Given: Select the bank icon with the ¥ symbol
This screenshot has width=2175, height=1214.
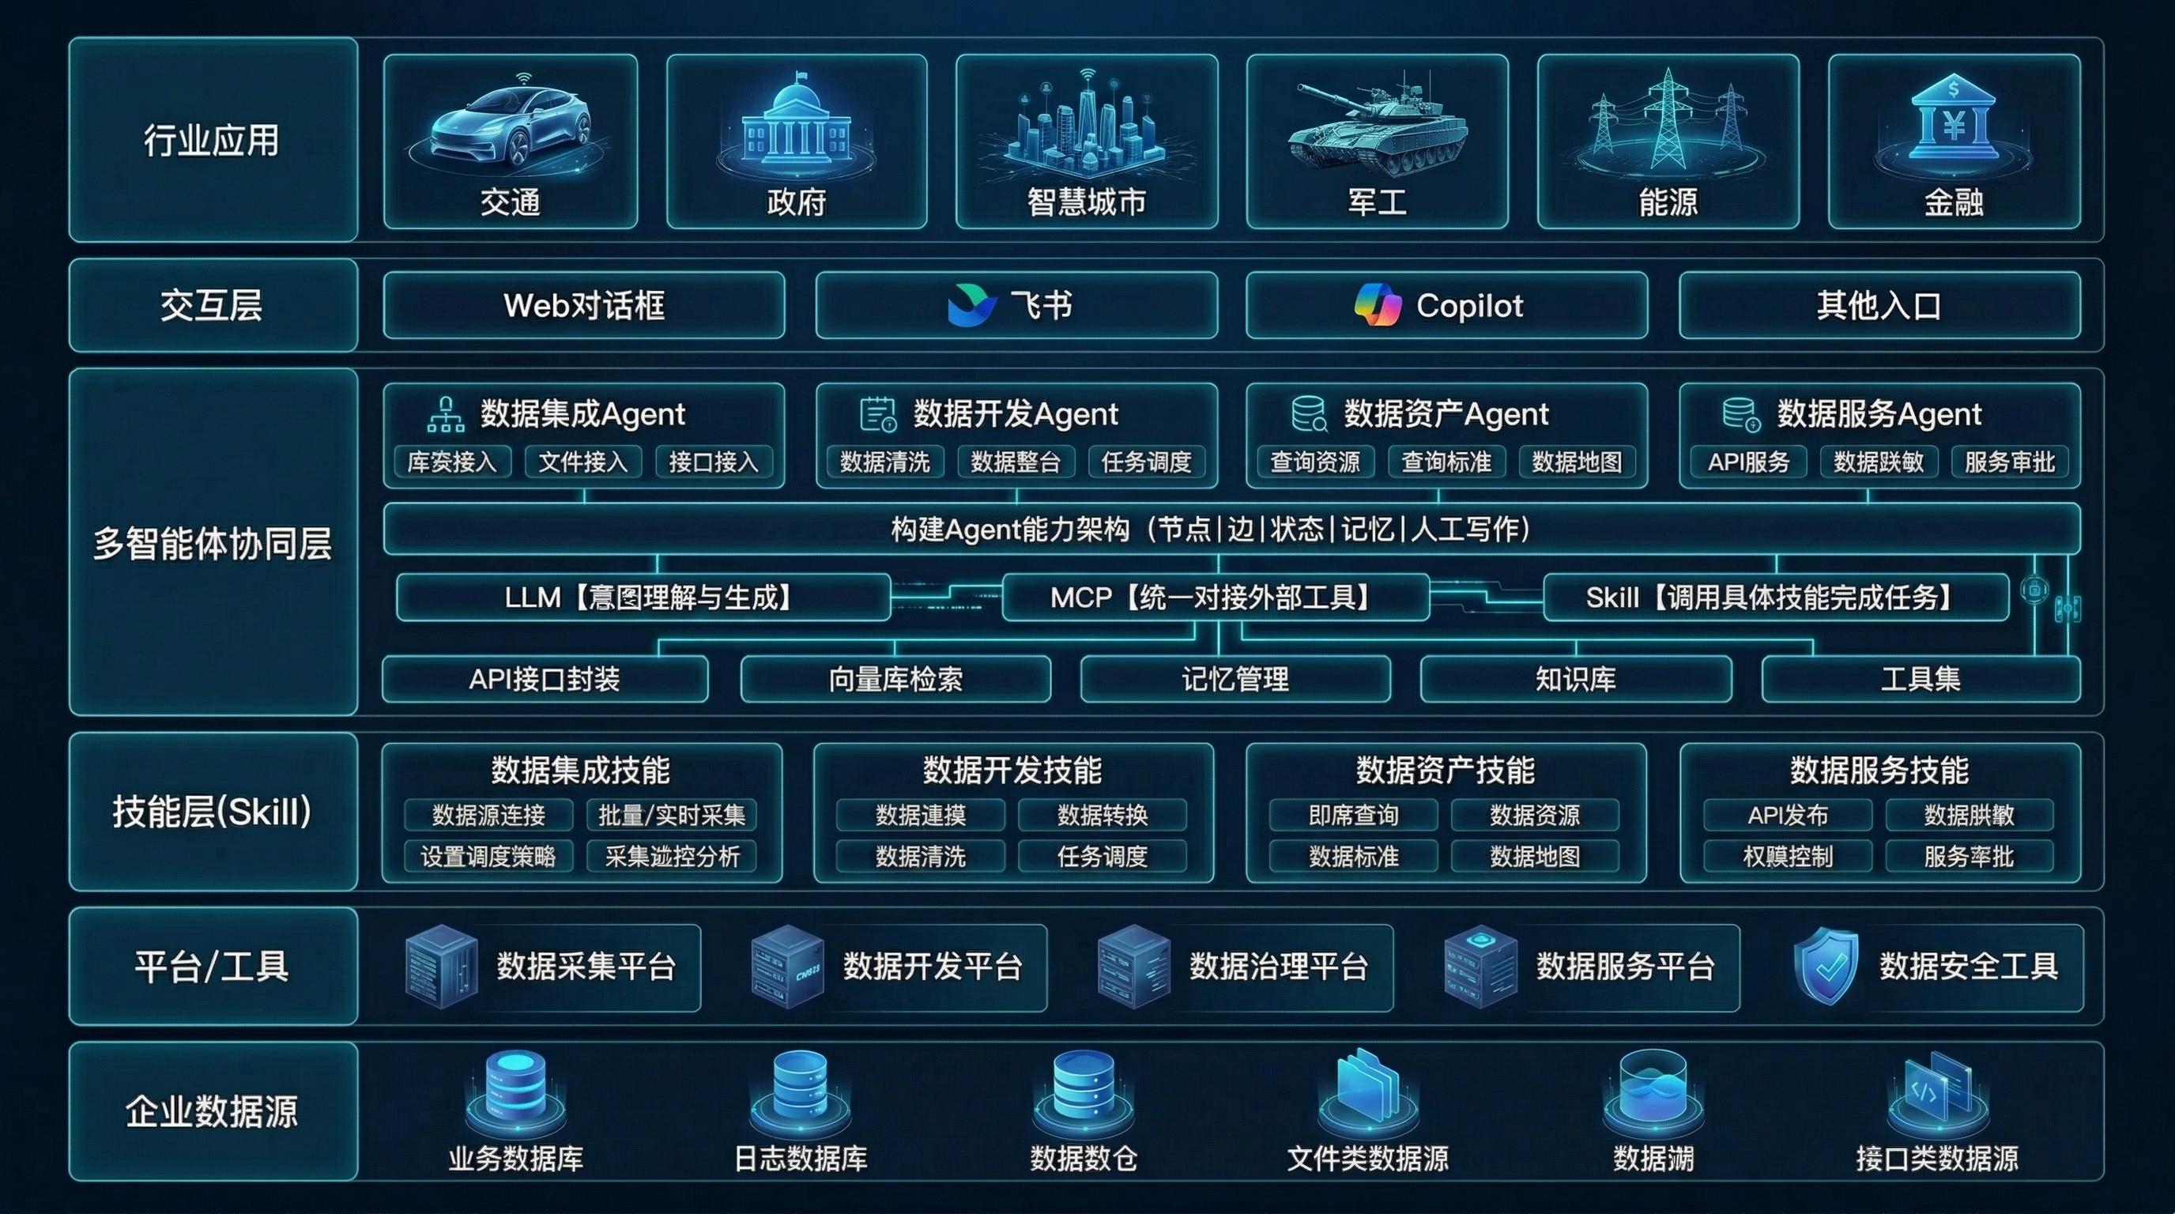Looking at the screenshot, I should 1954,123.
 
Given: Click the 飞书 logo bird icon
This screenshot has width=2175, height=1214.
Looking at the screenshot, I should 972,305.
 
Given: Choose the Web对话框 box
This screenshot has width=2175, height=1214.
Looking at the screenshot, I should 583,305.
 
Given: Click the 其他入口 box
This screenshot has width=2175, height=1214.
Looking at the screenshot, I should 1879,305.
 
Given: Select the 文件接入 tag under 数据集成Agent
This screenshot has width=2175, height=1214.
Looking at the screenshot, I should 582,462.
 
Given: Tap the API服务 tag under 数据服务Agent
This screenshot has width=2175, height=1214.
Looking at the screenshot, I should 1747,462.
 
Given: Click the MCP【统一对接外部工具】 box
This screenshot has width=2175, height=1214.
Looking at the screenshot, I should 1215,598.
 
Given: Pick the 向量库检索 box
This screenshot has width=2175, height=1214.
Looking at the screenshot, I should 895,679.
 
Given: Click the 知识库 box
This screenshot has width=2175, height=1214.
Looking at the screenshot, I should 1575,679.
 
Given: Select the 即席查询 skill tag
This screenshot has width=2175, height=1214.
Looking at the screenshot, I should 1354,815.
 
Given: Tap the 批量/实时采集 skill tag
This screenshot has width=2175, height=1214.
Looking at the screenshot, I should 671,815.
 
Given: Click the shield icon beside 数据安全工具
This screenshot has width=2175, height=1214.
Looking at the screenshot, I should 1826,967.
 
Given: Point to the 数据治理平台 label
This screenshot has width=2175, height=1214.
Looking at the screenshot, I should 1278,967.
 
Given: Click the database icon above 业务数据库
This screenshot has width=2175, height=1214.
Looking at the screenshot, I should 515,1089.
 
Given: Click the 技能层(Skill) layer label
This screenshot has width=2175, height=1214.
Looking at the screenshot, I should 213,811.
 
